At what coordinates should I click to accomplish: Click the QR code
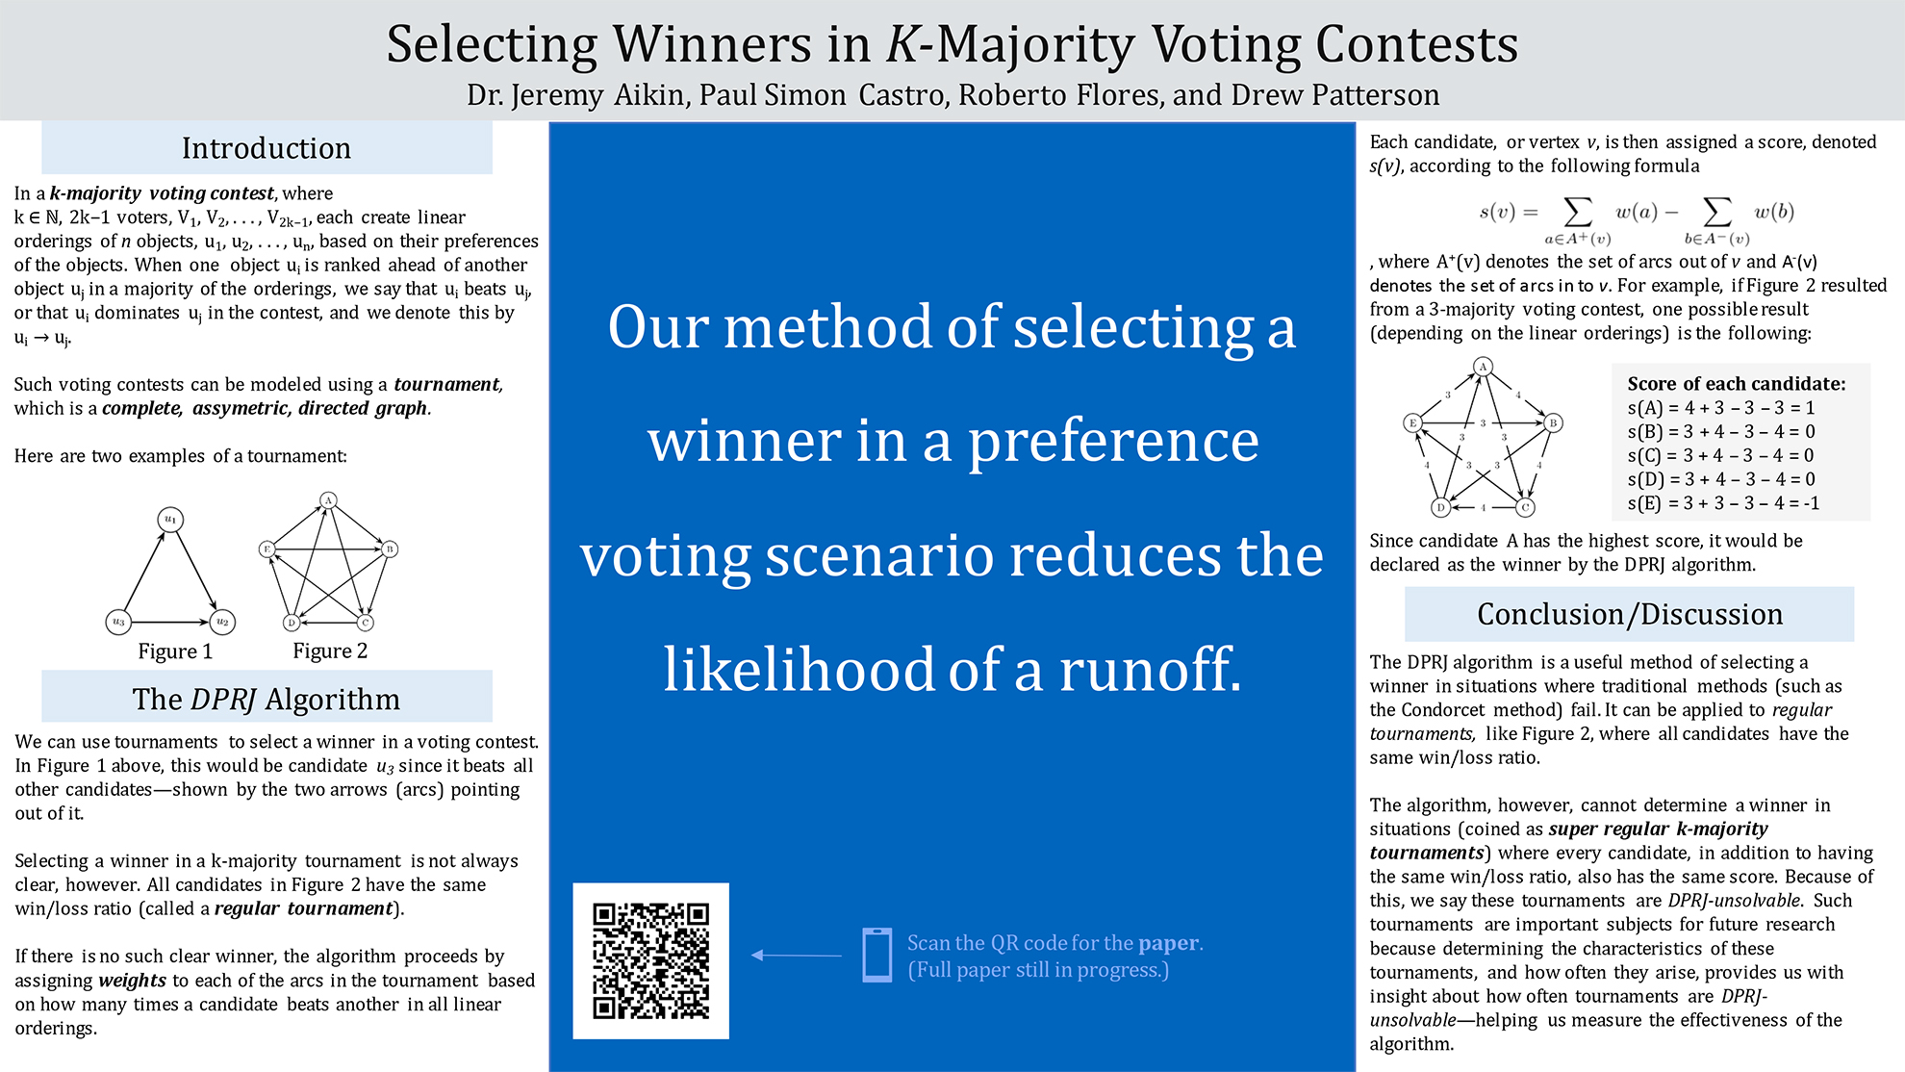coord(651,960)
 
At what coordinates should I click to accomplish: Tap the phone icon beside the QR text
coord(876,955)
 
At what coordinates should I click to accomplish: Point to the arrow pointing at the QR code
coord(796,955)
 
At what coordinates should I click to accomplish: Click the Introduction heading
coord(267,148)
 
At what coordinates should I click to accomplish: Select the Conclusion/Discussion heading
coord(1630,614)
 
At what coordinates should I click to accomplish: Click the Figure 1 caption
coord(175,651)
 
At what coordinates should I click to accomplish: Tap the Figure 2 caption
coord(330,651)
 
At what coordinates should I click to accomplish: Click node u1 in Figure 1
coord(170,520)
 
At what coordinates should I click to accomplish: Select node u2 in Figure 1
coord(222,622)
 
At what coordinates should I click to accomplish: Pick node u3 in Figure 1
coord(118,622)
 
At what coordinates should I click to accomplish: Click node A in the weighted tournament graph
coord(1483,367)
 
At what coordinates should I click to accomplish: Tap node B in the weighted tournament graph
coord(1552,422)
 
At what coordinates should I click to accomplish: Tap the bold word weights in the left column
coord(133,981)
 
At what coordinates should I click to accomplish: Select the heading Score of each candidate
coord(1737,384)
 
